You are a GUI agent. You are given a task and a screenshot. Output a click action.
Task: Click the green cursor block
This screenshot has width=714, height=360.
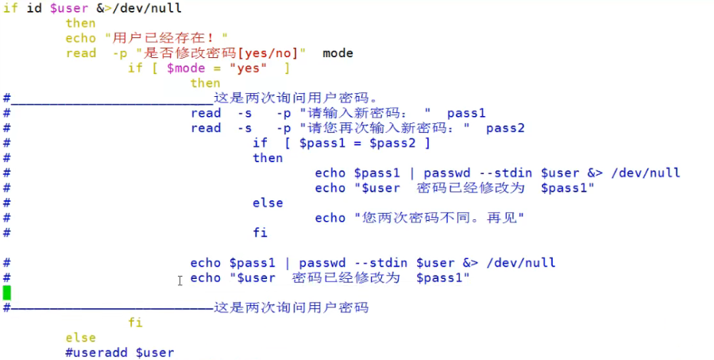coord(7,292)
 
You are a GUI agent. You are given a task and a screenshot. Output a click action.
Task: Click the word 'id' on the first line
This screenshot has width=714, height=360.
coord(34,9)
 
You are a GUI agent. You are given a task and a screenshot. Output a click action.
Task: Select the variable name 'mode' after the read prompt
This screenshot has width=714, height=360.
coord(338,53)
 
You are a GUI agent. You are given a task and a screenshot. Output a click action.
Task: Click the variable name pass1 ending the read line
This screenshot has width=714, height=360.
coord(465,113)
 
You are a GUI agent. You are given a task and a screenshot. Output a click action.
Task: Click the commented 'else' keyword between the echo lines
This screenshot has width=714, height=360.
coord(268,203)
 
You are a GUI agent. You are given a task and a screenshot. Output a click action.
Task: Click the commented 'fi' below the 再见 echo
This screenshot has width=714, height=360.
coord(260,233)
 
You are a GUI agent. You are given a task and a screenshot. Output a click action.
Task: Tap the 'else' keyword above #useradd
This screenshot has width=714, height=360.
coord(81,338)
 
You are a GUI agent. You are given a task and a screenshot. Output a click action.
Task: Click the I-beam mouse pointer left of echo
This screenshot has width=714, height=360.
coord(180,280)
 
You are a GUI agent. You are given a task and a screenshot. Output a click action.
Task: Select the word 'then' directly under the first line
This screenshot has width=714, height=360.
coord(81,23)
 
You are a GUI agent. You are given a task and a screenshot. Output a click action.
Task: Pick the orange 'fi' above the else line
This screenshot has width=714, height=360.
coord(135,323)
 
